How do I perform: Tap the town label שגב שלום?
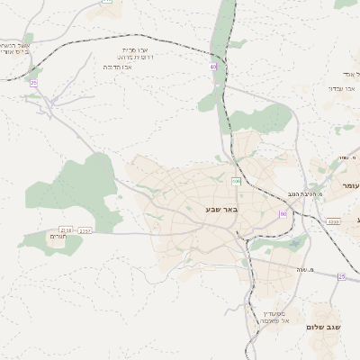click(x=325, y=327)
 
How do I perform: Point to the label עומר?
click(x=350, y=184)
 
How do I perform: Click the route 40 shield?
click(x=213, y=67)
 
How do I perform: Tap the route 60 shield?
click(x=283, y=213)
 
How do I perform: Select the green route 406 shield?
click(x=236, y=182)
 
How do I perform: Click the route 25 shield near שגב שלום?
click(x=341, y=276)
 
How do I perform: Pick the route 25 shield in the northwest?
click(x=33, y=83)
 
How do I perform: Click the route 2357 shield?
click(x=85, y=231)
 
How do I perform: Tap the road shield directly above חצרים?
click(x=65, y=230)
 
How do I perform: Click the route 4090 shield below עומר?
click(x=333, y=220)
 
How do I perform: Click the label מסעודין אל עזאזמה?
click(x=274, y=315)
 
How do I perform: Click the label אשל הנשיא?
click(x=16, y=45)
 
